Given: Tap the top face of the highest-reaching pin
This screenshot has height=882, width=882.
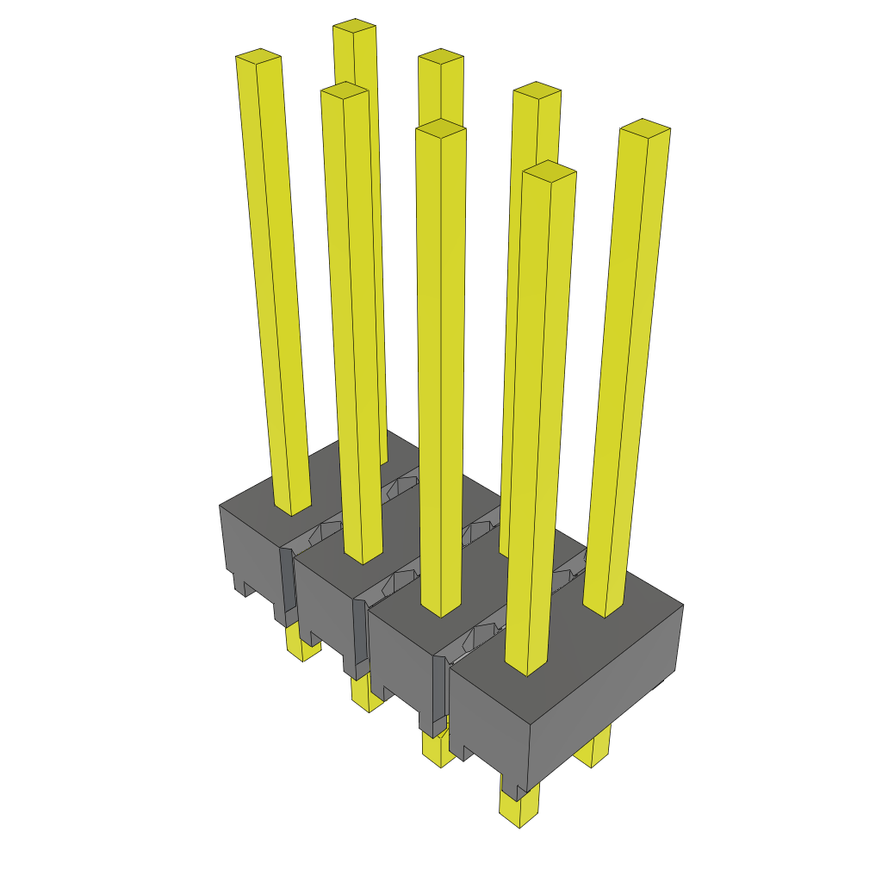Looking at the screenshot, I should (x=354, y=26).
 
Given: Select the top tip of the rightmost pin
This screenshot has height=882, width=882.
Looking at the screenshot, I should (x=645, y=127).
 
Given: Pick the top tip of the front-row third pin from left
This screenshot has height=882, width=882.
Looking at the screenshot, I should (x=440, y=128).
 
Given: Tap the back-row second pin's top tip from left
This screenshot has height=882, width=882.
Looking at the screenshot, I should (x=441, y=56).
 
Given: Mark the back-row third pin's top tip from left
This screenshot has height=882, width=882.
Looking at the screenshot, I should (x=537, y=90).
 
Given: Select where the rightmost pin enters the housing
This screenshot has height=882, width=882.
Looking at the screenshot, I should (x=605, y=608).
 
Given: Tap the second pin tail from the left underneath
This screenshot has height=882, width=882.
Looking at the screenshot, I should (x=367, y=698).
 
